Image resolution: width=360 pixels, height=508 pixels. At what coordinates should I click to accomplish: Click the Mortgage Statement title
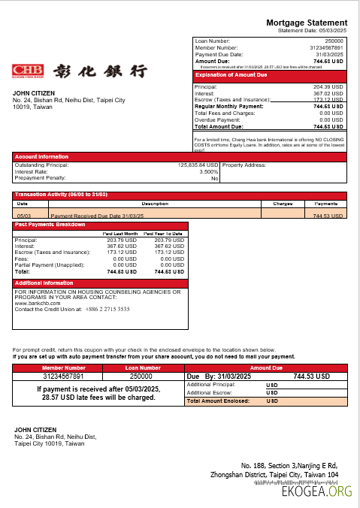tap(307, 23)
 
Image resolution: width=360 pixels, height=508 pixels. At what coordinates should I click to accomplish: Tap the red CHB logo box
tap(28, 71)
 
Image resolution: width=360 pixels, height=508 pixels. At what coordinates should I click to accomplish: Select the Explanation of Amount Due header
tap(231, 75)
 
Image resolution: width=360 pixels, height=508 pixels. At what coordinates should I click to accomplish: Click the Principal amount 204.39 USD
tap(327, 86)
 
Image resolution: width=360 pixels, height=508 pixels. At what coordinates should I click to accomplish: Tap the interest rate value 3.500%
tap(208, 171)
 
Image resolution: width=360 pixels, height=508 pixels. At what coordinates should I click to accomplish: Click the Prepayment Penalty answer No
tap(214, 179)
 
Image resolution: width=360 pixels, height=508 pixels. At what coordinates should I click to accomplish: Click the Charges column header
tap(283, 204)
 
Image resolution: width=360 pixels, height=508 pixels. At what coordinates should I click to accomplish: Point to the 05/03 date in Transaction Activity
tap(23, 216)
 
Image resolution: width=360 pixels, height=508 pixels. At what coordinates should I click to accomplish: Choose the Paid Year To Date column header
tap(163, 234)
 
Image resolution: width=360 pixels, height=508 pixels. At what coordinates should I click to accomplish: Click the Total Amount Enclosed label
tap(219, 401)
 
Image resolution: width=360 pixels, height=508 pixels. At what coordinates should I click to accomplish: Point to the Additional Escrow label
tap(210, 392)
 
